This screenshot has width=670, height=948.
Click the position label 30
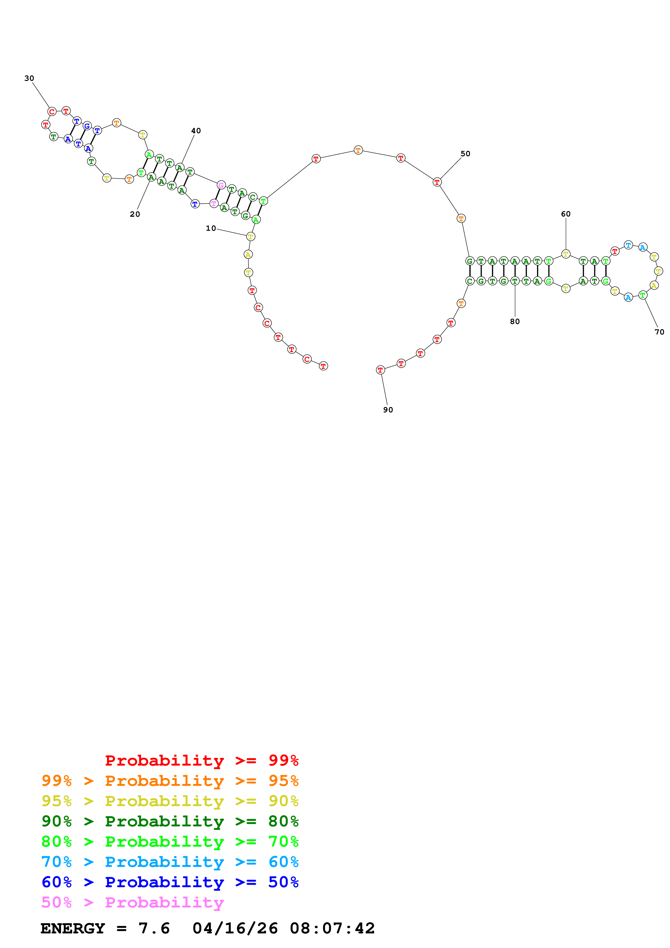[29, 78]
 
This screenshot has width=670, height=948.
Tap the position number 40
[196, 131]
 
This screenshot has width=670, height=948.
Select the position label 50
[465, 153]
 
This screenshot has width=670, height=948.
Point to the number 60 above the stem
[566, 214]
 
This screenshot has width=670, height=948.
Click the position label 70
[659, 332]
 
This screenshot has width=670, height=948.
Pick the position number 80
[515, 322]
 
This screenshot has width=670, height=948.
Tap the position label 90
[388, 410]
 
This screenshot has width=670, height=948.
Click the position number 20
[135, 214]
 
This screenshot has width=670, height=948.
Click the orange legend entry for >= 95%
[170, 781]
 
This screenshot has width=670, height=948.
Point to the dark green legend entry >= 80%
[170, 821]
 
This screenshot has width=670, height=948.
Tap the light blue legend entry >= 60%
[170, 862]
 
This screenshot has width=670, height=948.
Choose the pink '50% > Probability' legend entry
[132, 902]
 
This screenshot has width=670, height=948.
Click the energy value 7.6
[154, 928]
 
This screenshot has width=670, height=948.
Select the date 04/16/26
[235, 928]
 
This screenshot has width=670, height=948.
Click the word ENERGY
[73, 928]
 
